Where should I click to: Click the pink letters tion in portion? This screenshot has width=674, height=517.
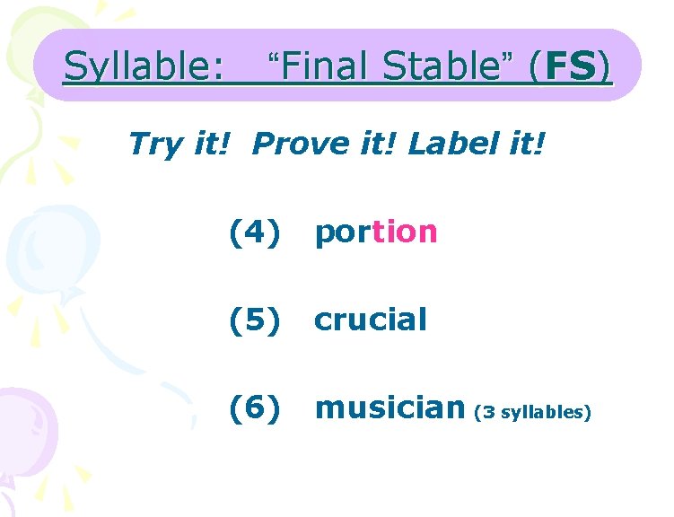point(405,232)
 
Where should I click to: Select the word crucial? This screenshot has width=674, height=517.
point(370,319)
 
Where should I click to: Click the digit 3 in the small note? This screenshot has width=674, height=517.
point(489,412)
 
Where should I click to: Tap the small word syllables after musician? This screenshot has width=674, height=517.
point(542,413)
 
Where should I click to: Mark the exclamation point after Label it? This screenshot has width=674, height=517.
point(538,142)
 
